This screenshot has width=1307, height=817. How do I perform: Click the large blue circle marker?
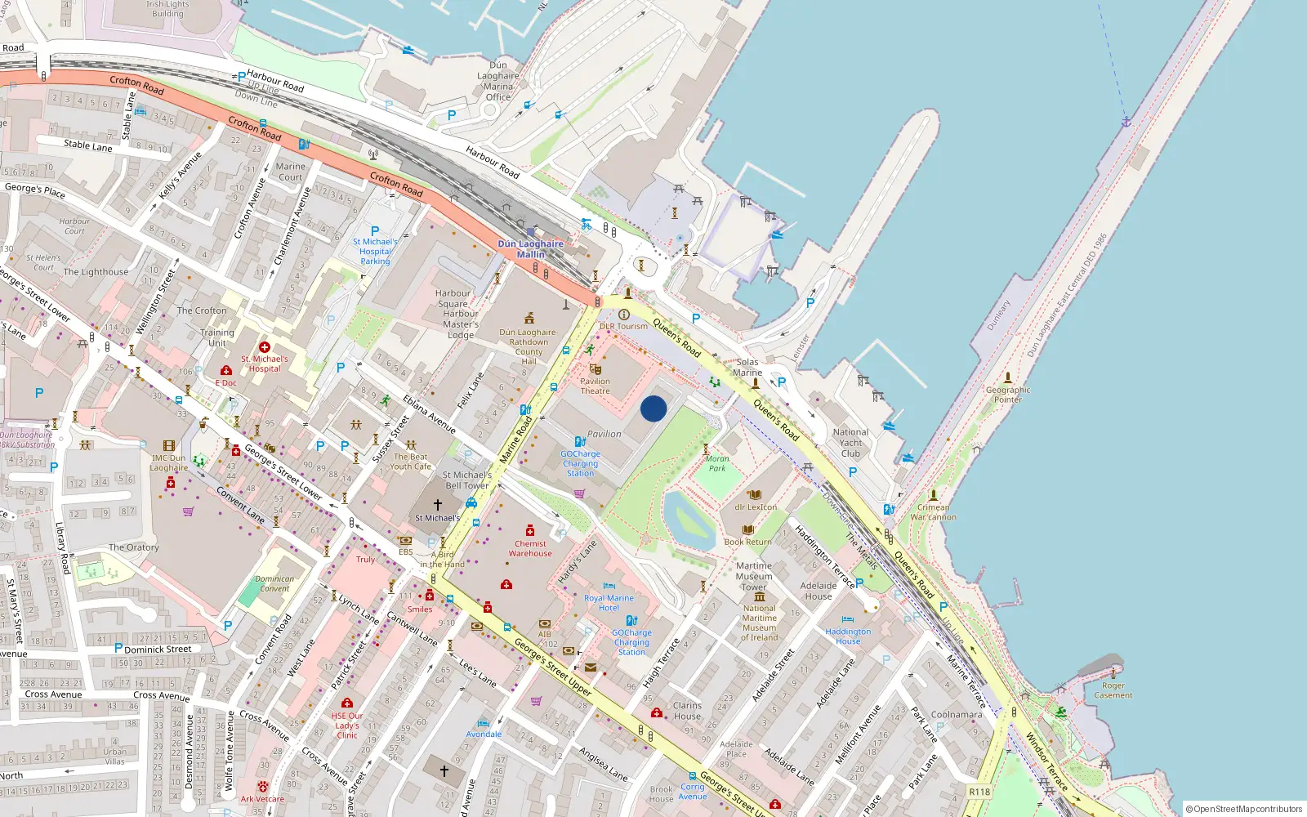point(653,408)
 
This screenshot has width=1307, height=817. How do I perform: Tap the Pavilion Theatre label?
point(595,386)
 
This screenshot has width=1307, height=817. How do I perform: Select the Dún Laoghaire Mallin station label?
point(531,249)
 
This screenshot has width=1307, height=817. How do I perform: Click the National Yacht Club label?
point(850,443)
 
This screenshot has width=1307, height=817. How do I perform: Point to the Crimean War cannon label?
point(933,511)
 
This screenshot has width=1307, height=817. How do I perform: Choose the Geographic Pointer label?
point(1008,395)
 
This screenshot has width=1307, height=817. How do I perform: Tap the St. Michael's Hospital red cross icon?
point(264,347)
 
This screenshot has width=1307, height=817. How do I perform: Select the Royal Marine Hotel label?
point(609,603)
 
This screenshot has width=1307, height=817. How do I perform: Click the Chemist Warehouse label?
point(530,548)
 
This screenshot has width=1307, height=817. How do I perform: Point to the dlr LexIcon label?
point(756,507)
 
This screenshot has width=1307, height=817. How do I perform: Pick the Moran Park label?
point(717,463)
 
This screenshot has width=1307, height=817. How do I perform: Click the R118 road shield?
point(979,792)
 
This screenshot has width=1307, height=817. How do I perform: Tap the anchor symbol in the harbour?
point(1126,122)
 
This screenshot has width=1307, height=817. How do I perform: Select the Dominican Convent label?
point(274,583)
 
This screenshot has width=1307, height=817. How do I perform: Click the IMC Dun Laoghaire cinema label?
point(169,462)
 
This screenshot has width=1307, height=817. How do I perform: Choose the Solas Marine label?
point(747,367)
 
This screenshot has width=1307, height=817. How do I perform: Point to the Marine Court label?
point(290,172)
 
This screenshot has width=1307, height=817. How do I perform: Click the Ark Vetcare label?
point(262,799)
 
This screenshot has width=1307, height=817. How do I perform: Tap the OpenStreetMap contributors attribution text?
point(1244,809)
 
